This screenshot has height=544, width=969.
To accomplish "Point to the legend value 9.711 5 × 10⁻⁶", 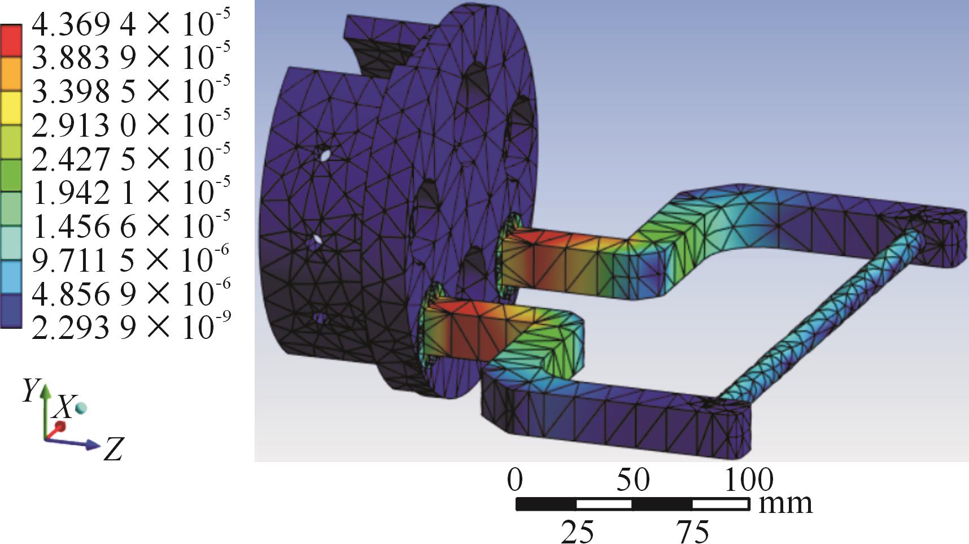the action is [130, 260].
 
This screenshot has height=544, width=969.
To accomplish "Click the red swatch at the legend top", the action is [11, 40].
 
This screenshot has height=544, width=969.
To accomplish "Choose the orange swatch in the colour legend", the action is [11, 74].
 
